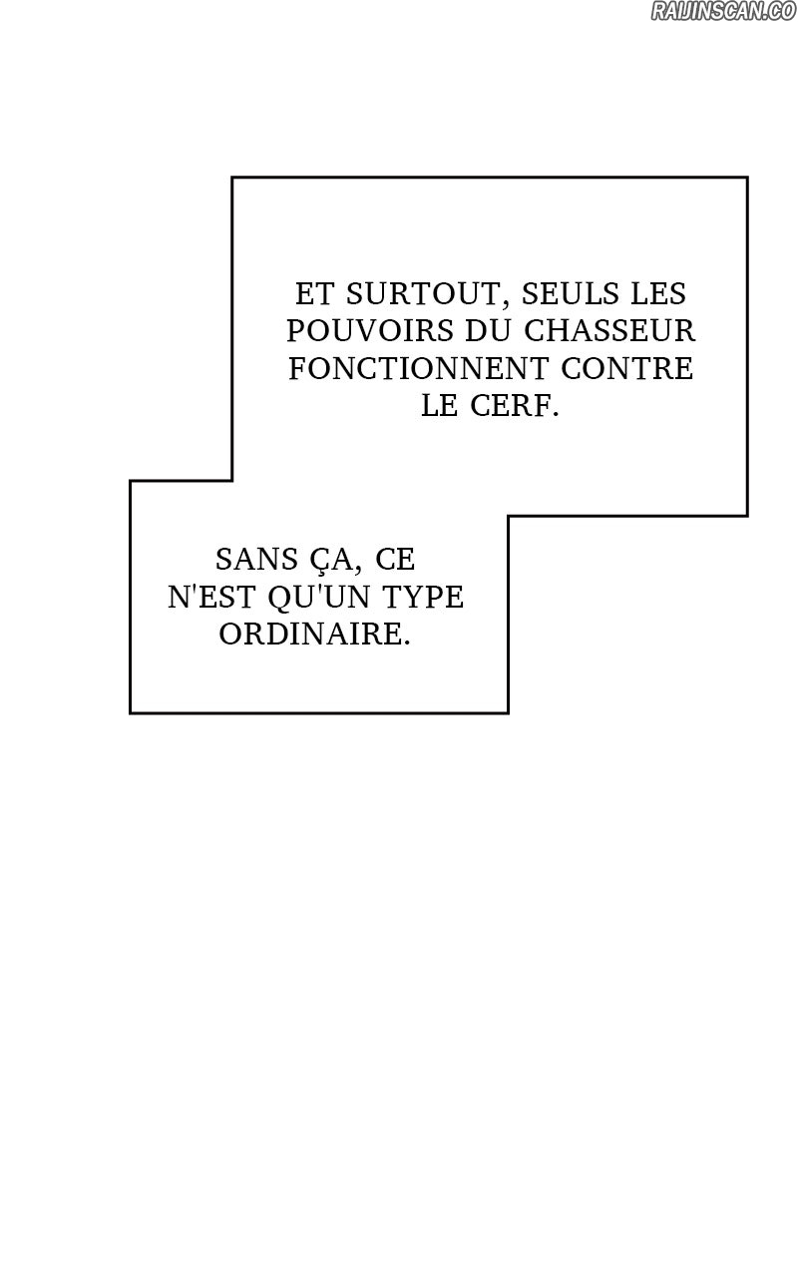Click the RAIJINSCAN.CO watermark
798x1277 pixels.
pyautogui.click(x=723, y=11)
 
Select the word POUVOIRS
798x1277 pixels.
pyautogui.click(x=370, y=330)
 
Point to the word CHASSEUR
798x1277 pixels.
pyautogui.click(x=609, y=330)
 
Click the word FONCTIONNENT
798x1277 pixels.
pyautogui.click(x=419, y=368)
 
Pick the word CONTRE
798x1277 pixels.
pyautogui.click(x=627, y=368)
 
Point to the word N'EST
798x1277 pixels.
pyautogui.click(x=211, y=597)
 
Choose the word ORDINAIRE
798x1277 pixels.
pyautogui.click(x=314, y=634)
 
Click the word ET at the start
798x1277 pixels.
pyautogui.click(x=314, y=293)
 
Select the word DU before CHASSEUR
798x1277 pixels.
pyautogui.click(x=489, y=330)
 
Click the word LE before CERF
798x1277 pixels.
pyautogui.click(x=440, y=406)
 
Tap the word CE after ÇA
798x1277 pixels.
pyautogui.click(x=395, y=560)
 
